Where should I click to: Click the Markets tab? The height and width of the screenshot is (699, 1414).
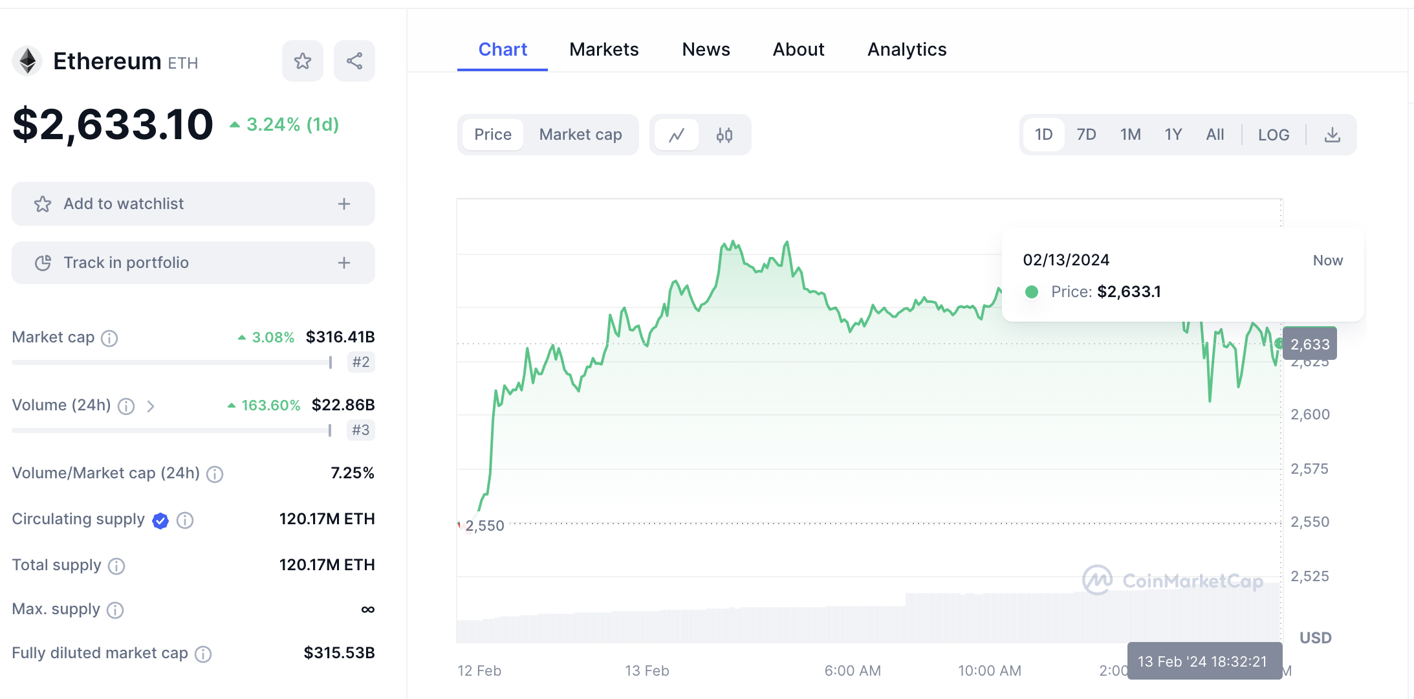(x=604, y=49)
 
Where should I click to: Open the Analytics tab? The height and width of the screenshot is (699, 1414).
(x=906, y=49)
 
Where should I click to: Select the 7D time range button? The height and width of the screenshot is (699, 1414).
(x=1086, y=135)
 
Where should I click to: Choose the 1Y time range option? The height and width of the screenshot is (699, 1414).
(x=1173, y=135)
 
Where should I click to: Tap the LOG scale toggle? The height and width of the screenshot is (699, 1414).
(x=1273, y=135)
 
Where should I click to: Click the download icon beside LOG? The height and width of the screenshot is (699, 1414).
(x=1332, y=135)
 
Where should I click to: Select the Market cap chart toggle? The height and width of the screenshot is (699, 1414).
(x=580, y=135)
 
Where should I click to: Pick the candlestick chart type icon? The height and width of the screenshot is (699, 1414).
(x=724, y=135)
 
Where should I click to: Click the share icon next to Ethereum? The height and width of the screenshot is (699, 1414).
(x=354, y=61)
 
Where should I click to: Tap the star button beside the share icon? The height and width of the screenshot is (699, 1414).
(x=303, y=61)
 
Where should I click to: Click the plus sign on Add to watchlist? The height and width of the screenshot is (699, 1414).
(x=344, y=204)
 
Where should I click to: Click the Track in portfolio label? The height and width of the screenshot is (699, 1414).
(x=126, y=263)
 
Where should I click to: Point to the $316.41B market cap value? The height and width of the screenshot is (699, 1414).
(x=340, y=337)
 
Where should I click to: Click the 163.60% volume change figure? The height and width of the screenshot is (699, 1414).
(x=270, y=405)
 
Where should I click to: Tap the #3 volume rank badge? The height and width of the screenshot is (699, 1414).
(x=360, y=430)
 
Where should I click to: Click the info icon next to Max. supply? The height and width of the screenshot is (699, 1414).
(x=115, y=610)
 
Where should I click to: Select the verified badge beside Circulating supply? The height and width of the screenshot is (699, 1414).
(x=160, y=520)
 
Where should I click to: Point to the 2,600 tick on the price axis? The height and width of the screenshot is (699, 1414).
(x=1310, y=414)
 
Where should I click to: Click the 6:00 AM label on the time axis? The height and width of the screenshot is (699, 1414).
(x=852, y=671)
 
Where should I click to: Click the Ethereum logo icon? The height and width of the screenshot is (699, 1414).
(x=27, y=61)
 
